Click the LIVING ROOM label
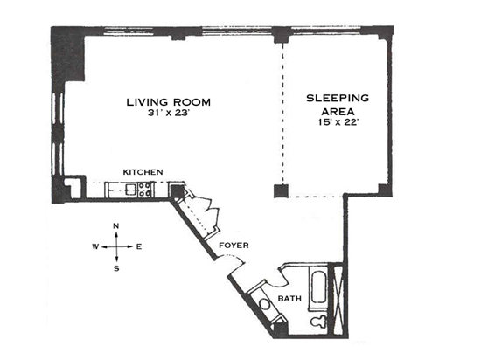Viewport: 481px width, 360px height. pos(169,102)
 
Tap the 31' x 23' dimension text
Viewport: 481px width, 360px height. pos(170,113)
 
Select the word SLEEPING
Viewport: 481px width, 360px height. pos(338,98)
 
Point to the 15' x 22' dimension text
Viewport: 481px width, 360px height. pos(338,122)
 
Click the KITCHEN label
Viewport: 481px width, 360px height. pos(143,172)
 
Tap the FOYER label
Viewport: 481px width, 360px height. pos(234,246)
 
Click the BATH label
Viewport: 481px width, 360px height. pos(289,298)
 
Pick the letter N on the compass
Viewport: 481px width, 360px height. pos(116,226)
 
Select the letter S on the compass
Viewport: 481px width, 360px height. pos(116,269)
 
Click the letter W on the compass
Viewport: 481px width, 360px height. pos(95,246)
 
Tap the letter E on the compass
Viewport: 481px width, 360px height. pos(139,246)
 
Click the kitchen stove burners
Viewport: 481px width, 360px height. pos(144,190)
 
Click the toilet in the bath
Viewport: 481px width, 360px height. pos(318,322)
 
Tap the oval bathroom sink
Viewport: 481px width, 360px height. pos(265,305)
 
